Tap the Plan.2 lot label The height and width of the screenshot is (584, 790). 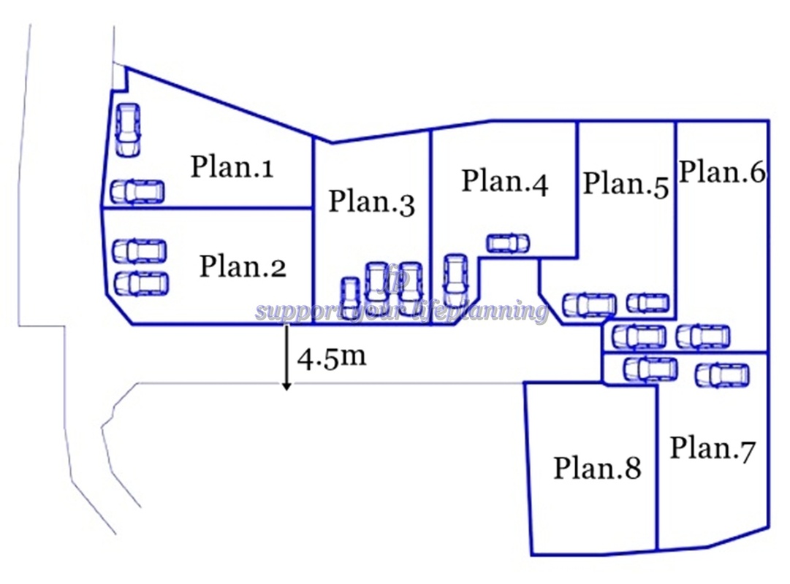pos(243,266)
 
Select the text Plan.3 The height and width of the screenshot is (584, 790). pos(371,202)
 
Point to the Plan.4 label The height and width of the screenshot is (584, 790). pos(504,182)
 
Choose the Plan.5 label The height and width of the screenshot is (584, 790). pos(626,184)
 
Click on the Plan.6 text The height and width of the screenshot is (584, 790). pos(722,172)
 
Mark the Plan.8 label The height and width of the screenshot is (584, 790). pos(597,467)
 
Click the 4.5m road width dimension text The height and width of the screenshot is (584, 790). pos(331,358)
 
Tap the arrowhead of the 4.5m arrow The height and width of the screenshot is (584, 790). pos(287,385)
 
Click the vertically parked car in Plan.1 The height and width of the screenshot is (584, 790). pos(128,128)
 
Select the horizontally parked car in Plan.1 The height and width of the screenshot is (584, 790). pos(137,191)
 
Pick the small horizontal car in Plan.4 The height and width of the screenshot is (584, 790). pos(508,243)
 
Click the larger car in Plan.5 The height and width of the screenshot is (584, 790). pos(590,304)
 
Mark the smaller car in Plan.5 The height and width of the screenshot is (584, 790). pos(647,302)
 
